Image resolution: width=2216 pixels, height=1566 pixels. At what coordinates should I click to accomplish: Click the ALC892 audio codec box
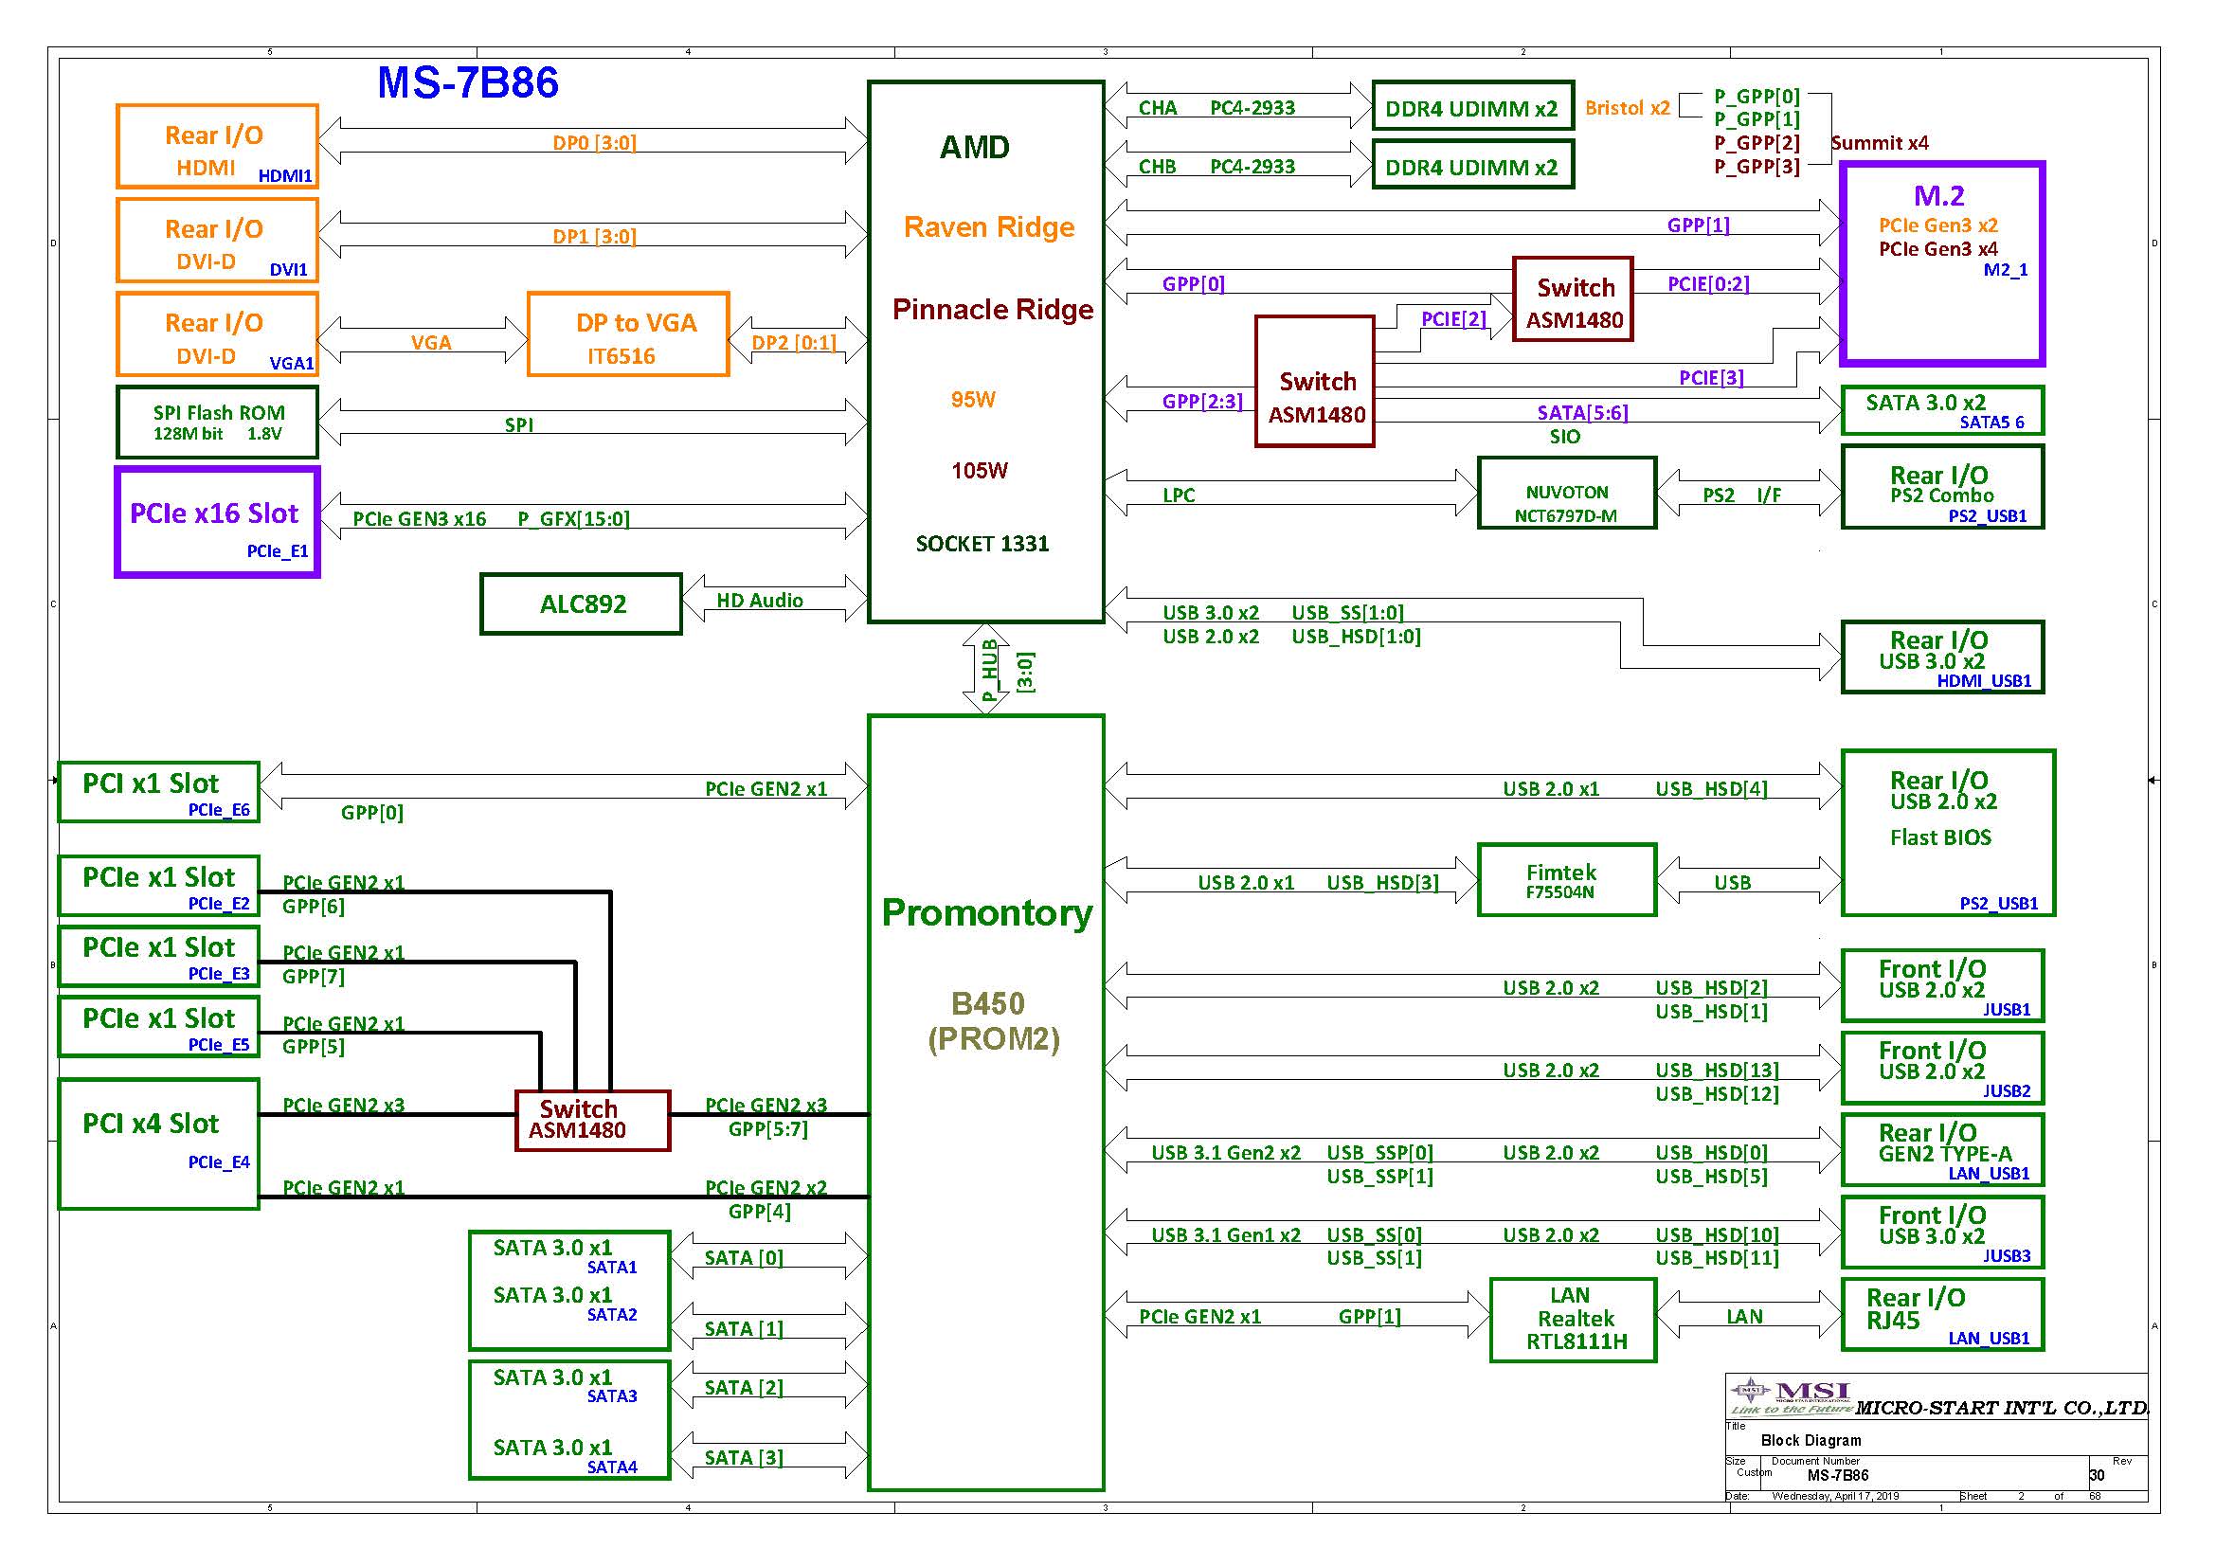click(x=581, y=604)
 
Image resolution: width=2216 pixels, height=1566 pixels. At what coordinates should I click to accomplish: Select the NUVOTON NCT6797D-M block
click(x=1566, y=493)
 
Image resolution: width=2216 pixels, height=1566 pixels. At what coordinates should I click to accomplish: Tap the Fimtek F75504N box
click(x=1566, y=880)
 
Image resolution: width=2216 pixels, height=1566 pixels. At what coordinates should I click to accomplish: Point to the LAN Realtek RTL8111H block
click(x=1574, y=1319)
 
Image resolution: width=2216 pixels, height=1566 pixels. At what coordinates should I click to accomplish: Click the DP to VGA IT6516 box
click(x=628, y=333)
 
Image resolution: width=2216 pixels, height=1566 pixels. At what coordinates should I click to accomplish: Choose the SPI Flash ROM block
click(x=217, y=423)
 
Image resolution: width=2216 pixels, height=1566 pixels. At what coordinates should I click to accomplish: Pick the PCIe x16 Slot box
click(x=217, y=523)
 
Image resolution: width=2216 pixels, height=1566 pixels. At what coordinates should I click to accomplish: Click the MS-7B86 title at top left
click(x=467, y=83)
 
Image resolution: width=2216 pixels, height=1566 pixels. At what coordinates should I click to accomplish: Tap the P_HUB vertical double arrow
click(x=985, y=669)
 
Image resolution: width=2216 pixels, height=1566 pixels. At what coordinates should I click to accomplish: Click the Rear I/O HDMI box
click(x=217, y=146)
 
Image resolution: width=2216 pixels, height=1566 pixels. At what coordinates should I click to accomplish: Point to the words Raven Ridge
click(x=988, y=227)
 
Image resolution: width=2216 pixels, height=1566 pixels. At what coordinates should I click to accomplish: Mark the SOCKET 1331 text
click(x=982, y=544)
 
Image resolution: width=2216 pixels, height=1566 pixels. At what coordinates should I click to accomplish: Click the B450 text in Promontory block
click(x=987, y=1004)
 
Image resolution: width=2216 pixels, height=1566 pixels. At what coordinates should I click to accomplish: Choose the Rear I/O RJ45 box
click(x=1942, y=1314)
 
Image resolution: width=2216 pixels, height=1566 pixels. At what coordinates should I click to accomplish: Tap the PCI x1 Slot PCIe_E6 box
click(x=159, y=792)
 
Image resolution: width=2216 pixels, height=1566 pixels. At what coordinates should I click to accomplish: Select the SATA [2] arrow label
click(x=743, y=1388)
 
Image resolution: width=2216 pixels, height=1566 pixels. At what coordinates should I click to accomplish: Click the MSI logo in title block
click(x=1792, y=1394)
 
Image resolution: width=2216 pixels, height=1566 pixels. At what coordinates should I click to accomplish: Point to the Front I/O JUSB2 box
click(x=1942, y=1068)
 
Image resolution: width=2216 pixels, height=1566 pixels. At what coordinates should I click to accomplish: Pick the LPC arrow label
click(x=1179, y=495)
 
